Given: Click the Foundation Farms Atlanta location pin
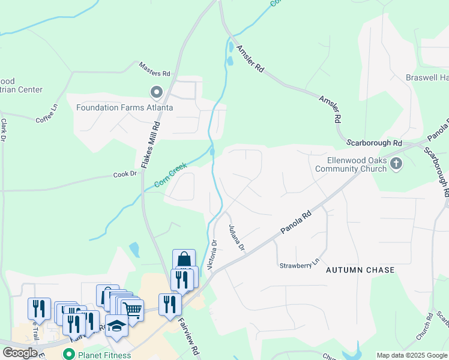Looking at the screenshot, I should coord(157,92).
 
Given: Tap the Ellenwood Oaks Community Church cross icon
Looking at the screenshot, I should coord(396,164).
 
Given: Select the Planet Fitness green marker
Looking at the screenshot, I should coord(69,355).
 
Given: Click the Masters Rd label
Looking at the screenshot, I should coord(155,69).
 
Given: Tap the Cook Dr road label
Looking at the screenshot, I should coord(125,175).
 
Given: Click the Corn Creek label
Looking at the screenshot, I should coord(170,175).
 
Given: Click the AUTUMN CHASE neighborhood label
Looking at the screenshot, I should coord(360,271).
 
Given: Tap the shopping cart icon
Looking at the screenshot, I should coord(133,309).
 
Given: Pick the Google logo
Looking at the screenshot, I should coord(19,352).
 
